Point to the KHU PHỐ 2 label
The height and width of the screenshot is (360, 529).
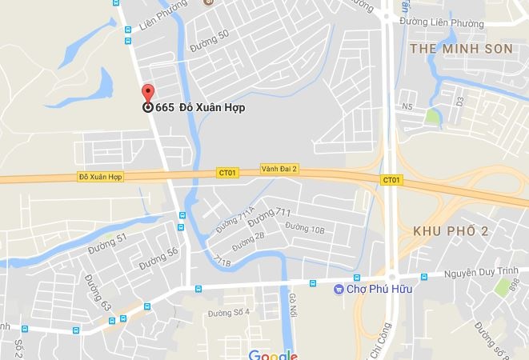coord(450,230)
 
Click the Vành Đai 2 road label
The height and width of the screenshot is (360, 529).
coord(279,169)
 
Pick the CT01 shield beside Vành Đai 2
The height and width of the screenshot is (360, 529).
coord(227,172)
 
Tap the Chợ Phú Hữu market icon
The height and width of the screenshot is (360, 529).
coord(339,289)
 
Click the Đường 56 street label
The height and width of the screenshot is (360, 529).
coord(158,258)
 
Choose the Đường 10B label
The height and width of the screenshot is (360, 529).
coord(305,230)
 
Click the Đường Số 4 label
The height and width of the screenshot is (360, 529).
coord(229,312)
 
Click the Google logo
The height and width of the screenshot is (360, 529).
coord(272,354)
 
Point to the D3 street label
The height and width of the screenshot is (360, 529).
coord(459,102)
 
